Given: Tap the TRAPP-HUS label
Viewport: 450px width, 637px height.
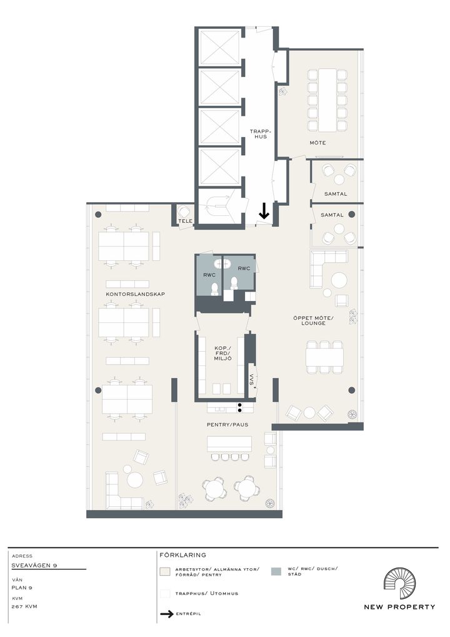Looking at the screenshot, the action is (260, 134).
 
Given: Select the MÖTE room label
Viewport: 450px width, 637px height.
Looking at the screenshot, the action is (317, 143).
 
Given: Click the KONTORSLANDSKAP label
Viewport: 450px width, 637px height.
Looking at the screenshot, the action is (136, 294).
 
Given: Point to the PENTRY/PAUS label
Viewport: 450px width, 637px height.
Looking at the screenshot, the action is (227, 424).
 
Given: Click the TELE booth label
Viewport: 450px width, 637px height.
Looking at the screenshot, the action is (185, 221).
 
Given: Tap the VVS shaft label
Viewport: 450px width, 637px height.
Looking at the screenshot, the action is (252, 380).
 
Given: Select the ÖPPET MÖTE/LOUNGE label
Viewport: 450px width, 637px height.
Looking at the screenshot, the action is (313, 320).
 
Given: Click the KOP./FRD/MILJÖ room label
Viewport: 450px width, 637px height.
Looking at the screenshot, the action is (222, 354).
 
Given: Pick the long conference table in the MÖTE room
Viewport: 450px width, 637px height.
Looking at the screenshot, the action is (327, 100).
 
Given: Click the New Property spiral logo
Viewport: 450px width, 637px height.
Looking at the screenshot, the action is (399, 584).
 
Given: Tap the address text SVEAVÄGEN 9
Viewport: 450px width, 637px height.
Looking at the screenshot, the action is (34, 566).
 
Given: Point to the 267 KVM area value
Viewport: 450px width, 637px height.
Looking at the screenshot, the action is (24, 606).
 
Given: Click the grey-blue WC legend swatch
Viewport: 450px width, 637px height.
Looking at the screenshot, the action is (276, 571).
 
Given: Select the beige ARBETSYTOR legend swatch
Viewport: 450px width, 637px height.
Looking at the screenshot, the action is (164, 571).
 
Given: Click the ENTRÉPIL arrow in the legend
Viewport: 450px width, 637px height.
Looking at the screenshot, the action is (167, 614).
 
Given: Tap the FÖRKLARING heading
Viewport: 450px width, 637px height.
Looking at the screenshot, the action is (182, 555).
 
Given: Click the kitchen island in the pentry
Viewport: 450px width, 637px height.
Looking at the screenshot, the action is (229, 444).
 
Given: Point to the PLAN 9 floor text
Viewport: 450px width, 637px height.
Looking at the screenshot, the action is (22, 588).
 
